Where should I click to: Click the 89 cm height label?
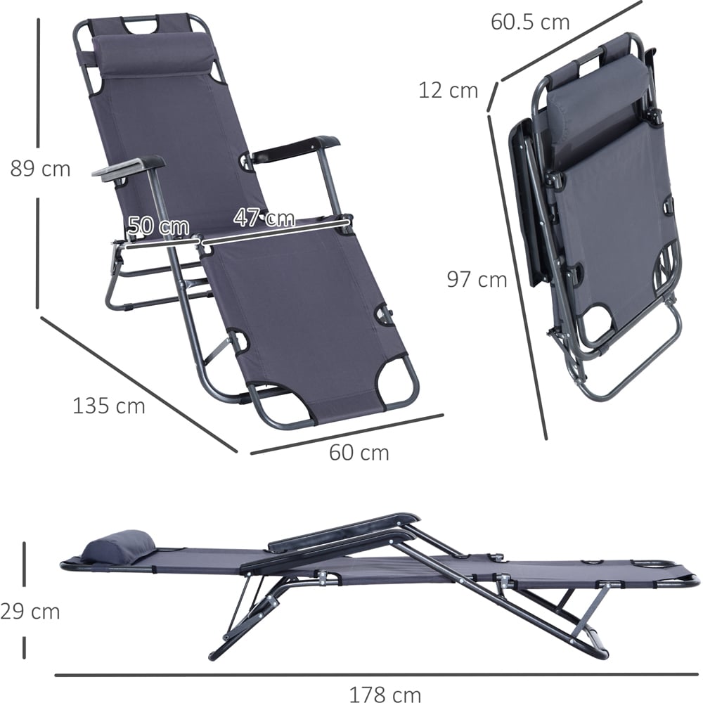40,169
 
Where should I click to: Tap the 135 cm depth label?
109,406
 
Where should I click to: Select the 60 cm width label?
359,452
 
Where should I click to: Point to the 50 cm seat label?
158,226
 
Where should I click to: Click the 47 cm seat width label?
264,218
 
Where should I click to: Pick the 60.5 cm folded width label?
530,22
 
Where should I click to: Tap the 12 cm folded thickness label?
449,91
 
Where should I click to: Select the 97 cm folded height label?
477,280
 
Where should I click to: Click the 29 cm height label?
30,612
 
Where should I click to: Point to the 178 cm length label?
385,695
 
